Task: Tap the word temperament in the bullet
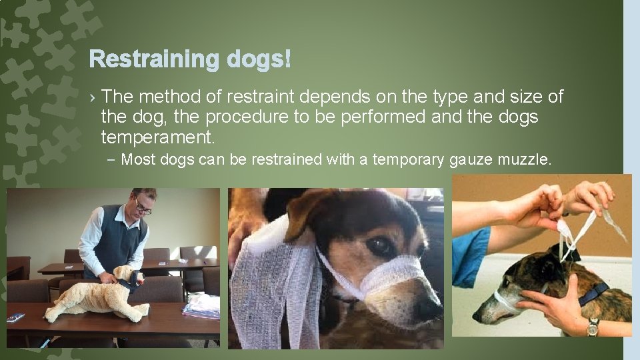tap(157, 137)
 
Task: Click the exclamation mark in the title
tap(287, 59)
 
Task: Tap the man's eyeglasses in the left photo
tap(142, 208)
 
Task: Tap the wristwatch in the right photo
tap(593, 327)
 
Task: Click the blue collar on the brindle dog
tap(593, 294)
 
